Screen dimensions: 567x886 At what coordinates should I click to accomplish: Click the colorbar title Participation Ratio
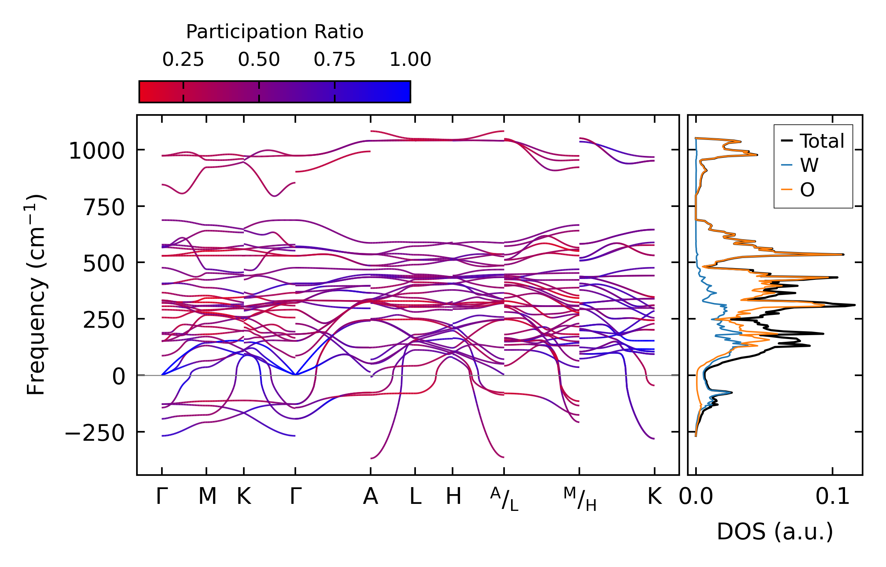pyautogui.click(x=275, y=32)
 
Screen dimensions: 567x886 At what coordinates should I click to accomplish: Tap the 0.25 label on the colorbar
pyautogui.click(x=183, y=60)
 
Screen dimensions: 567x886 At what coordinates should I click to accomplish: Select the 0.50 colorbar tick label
pyautogui.click(x=259, y=60)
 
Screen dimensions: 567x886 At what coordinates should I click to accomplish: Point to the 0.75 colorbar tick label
pyautogui.click(x=335, y=60)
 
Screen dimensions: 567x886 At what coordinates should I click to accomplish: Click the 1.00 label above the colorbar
pyautogui.click(x=410, y=60)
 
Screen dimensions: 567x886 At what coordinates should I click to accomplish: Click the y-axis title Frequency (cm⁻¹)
pyautogui.click(x=36, y=295)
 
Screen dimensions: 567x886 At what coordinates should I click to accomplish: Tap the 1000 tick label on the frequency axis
pyautogui.click(x=96, y=151)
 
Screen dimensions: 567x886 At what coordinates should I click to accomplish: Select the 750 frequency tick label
pyautogui.click(x=104, y=207)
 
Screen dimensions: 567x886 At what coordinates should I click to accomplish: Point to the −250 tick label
pyautogui.click(x=94, y=433)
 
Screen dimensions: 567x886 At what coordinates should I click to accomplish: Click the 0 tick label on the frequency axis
pyautogui.click(x=119, y=376)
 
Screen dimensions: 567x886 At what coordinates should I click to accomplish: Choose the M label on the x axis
pyautogui.click(x=207, y=497)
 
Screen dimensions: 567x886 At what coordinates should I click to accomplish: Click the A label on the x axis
pyautogui.click(x=370, y=497)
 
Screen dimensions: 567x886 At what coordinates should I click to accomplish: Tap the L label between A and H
pyautogui.click(x=415, y=497)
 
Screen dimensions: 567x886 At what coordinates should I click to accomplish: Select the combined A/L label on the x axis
pyautogui.click(x=504, y=499)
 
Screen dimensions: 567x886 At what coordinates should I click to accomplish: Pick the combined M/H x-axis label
pyautogui.click(x=580, y=499)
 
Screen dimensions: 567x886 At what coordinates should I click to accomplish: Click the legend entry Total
pyautogui.click(x=822, y=141)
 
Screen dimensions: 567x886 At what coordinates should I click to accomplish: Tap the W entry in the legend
pyautogui.click(x=809, y=165)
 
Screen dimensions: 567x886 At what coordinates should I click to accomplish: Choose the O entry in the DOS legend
pyautogui.click(x=807, y=190)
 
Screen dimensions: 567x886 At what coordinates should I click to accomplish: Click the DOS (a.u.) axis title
pyautogui.click(x=775, y=532)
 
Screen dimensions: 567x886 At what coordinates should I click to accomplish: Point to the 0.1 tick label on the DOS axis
pyautogui.click(x=832, y=497)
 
